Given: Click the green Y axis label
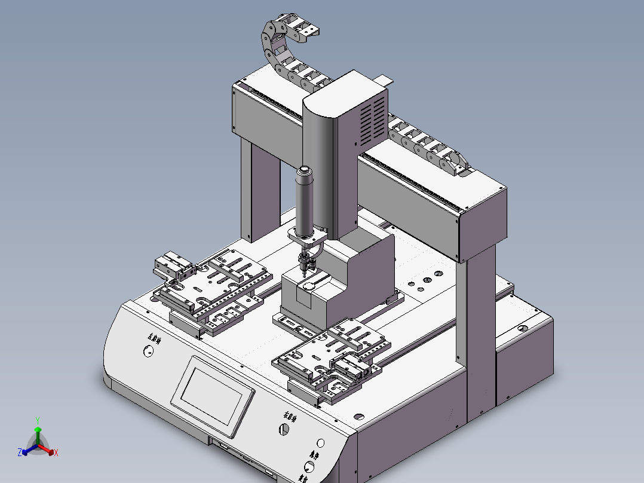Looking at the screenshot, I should [38, 420].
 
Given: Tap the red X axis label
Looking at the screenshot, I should [56, 453].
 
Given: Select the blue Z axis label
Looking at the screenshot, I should [20, 453].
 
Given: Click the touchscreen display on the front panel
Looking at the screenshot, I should [213, 395].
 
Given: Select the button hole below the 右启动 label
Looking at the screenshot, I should [283, 429].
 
